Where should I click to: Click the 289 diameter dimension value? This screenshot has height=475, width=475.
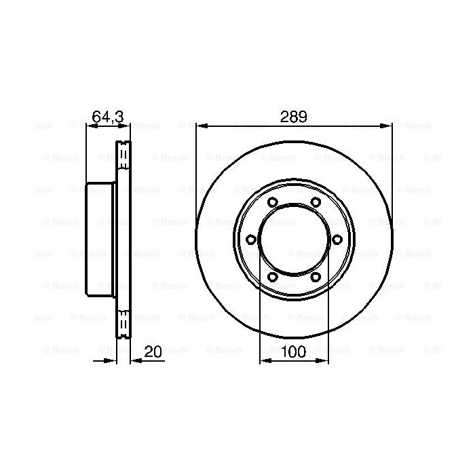[x=293, y=117]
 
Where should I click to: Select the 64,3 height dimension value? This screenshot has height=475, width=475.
[x=108, y=117]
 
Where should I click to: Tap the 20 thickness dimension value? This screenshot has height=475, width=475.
[x=153, y=351]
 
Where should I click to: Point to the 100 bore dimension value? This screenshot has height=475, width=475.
[x=294, y=352]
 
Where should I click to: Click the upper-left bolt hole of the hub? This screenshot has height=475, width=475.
[x=273, y=202]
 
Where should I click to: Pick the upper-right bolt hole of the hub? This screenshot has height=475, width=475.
[x=316, y=202]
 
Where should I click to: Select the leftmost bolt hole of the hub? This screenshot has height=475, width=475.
[x=251, y=240]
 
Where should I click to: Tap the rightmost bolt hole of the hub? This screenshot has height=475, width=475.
[x=337, y=240]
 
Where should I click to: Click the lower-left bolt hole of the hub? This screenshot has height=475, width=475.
[x=273, y=277]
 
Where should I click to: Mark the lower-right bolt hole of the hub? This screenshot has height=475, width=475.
[x=316, y=277]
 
